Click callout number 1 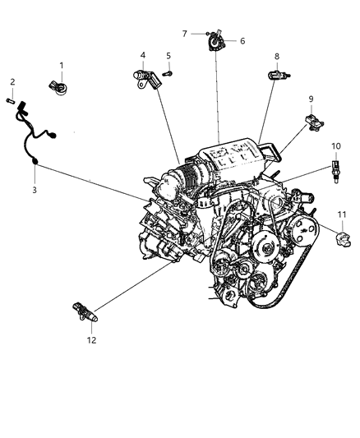[x=61, y=65]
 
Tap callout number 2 [x=12, y=81]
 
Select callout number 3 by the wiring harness [x=35, y=190]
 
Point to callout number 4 [x=142, y=56]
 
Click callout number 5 [x=168, y=56]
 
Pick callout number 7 [x=185, y=34]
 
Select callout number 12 [x=92, y=339]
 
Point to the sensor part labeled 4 [x=143, y=77]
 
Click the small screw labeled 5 [x=168, y=73]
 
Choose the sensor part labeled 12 [x=85, y=311]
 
